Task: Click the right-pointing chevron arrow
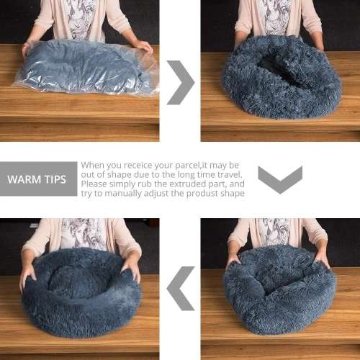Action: point(181,82)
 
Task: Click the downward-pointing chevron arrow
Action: point(279,179)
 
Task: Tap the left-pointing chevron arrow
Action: point(180,288)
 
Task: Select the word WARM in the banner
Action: point(24,179)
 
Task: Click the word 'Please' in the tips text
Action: point(96,184)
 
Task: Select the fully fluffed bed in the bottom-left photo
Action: point(81,292)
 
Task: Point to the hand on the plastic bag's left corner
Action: point(27,48)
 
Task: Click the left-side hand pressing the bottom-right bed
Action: point(233,261)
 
